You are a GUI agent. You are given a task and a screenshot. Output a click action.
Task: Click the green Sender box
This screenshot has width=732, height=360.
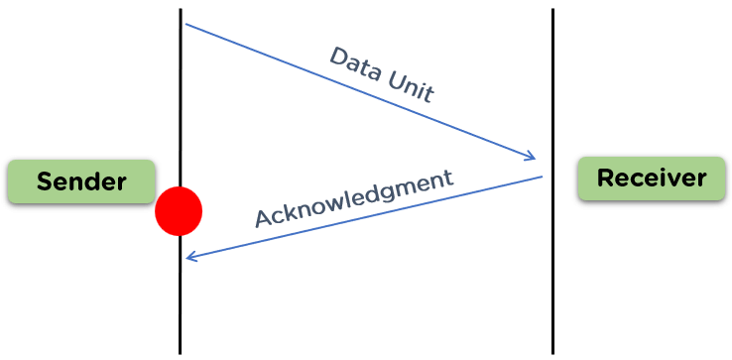point(81,181)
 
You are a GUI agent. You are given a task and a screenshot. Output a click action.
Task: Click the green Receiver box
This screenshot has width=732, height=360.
point(651,179)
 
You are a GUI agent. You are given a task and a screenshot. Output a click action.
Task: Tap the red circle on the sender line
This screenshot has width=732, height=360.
point(179,211)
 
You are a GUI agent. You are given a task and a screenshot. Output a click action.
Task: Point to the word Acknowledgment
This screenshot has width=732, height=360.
point(353,198)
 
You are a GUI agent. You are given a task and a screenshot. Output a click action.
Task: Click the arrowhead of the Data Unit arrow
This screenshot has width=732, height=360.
point(532,157)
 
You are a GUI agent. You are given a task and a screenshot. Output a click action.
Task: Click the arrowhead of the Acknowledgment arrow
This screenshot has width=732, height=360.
point(189,258)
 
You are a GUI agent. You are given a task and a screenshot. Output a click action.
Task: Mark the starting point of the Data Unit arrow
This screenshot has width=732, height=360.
point(185,24)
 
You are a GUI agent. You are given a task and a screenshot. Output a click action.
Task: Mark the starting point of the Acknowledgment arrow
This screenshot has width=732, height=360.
point(542,178)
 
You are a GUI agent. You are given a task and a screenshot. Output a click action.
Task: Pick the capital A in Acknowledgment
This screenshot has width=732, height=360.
point(264,218)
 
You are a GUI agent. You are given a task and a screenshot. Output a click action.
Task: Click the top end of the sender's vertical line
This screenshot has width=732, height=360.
point(181,11)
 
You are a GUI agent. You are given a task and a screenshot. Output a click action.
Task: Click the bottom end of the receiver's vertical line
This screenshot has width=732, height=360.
point(552,351)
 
